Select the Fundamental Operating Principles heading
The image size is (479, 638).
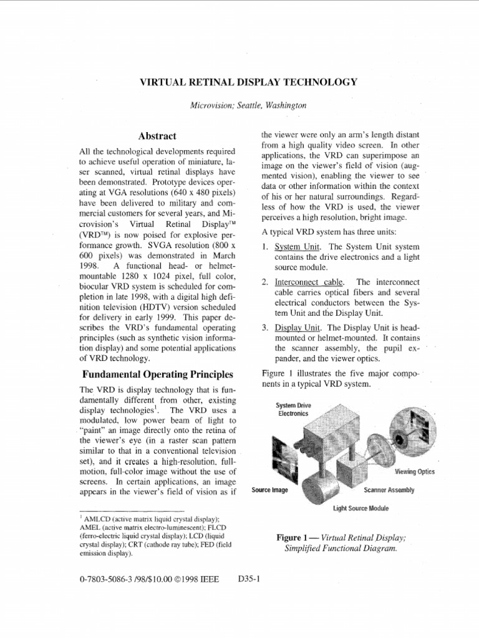point(158,374)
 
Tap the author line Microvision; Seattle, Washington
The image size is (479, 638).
point(248,106)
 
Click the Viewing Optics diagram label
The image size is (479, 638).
point(415,472)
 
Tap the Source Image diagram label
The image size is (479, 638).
point(269,490)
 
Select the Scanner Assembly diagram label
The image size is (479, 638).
point(389,490)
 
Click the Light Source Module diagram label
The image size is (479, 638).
point(360,508)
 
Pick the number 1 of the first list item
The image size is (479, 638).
point(264,246)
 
